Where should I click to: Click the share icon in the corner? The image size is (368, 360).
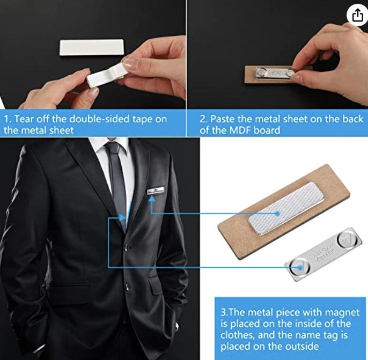[x=357, y=16]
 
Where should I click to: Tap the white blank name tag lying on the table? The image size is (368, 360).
[x=92, y=47]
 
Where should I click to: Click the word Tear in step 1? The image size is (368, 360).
[x=25, y=119]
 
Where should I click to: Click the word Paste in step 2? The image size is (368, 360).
[x=224, y=119]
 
